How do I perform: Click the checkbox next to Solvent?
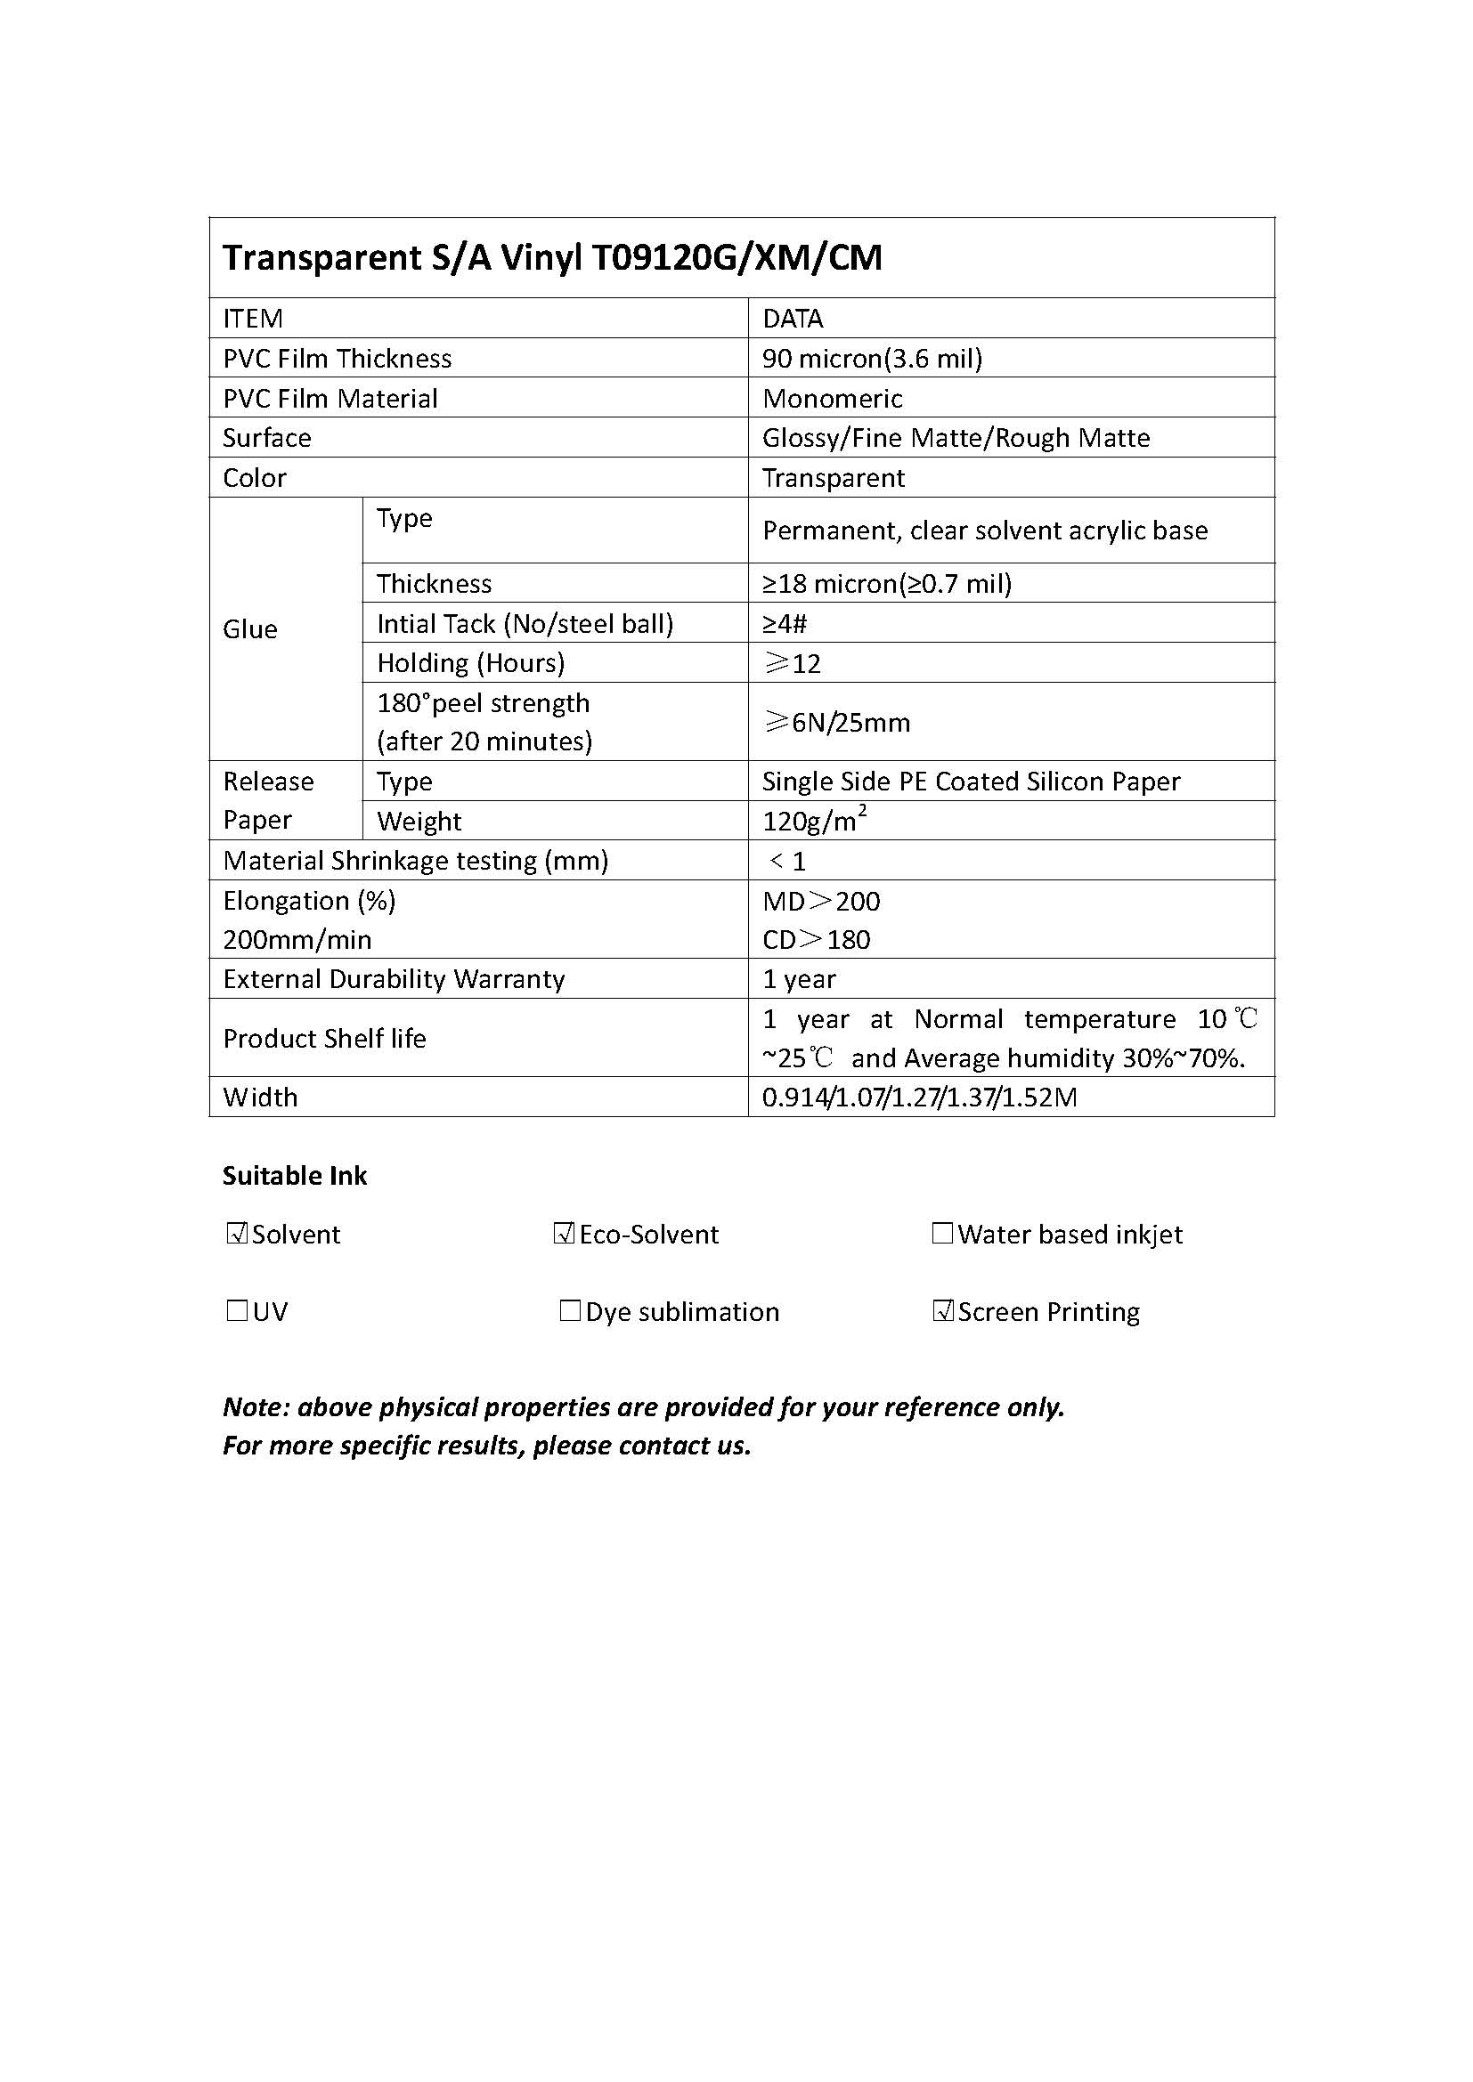(237, 1233)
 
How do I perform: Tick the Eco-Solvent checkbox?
(564, 1233)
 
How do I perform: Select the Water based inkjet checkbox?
(942, 1233)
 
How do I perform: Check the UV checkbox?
(237, 1310)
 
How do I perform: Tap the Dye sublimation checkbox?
(570, 1310)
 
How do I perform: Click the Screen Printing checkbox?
(943, 1310)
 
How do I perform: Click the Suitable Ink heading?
(295, 1175)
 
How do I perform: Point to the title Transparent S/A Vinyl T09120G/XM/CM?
(552, 257)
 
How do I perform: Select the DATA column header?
(793, 319)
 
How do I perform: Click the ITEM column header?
(253, 319)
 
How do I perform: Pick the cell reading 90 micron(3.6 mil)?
(873, 358)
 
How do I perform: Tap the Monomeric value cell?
(833, 398)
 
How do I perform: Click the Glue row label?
(250, 628)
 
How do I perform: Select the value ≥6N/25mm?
(837, 722)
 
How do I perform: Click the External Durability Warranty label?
(394, 978)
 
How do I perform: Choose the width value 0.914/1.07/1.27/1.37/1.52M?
(920, 1098)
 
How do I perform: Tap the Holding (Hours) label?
(471, 663)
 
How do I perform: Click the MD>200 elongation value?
(821, 901)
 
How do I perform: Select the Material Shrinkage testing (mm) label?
(415, 860)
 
